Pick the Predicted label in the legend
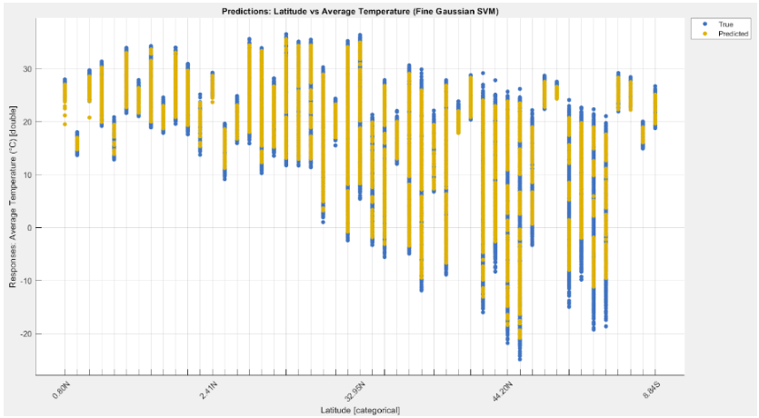pos(732,33)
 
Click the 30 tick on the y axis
pos(27,69)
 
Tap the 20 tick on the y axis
pos(27,122)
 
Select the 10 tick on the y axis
pos(27,174)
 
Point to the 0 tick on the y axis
pos(29,228)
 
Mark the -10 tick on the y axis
pos(25,281)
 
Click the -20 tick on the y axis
pos(25,333)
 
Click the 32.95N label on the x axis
pos(353,393)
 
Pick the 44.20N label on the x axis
pos(500,393)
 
